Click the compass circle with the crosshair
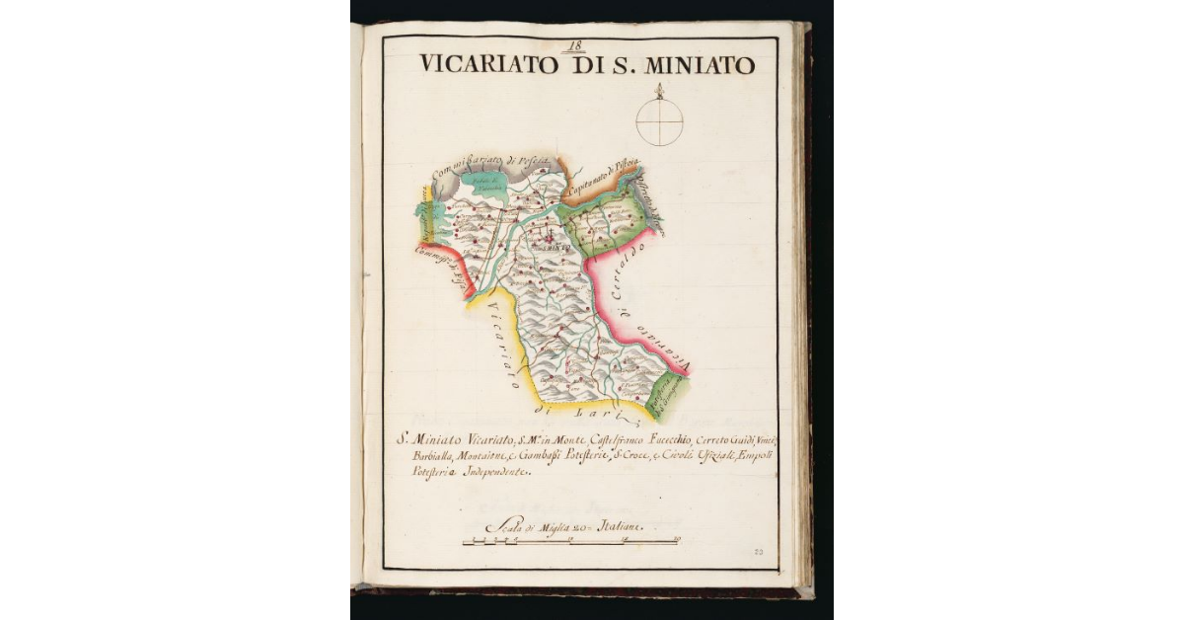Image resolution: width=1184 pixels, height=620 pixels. (659, 122)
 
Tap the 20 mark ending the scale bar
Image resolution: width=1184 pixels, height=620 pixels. (678, 540)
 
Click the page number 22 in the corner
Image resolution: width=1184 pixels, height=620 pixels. (759, 554)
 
